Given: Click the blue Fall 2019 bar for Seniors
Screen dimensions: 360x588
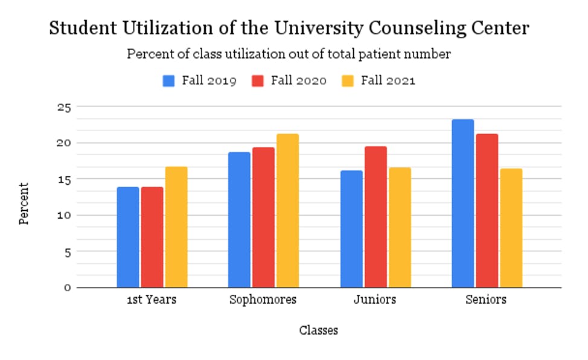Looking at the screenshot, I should click(463, 204).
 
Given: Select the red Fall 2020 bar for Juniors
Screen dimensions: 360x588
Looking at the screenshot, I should click(375, 217).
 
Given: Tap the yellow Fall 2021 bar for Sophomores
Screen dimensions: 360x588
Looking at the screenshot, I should click(287, 210).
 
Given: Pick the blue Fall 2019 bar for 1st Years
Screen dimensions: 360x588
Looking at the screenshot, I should click(128, 237).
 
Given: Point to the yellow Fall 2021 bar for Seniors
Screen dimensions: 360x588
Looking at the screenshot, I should click(511, 228).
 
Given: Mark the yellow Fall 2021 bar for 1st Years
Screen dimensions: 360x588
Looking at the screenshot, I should click(176, 227).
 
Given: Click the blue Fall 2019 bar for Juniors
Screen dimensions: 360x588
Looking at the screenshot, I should click(351, 229).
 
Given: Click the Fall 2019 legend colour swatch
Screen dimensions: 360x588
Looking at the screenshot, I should click(169, 81).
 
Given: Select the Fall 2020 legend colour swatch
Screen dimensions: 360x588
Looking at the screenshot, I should click(258, 81).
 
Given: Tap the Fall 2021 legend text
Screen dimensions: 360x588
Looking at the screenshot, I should click(388, 81).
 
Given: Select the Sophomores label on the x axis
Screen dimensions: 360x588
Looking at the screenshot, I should click(263, 300).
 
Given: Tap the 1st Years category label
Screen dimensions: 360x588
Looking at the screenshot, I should click(152, 300).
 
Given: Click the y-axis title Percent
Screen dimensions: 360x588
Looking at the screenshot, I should click(24, 204).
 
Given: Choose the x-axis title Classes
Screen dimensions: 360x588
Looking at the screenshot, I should click(318, 330).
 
